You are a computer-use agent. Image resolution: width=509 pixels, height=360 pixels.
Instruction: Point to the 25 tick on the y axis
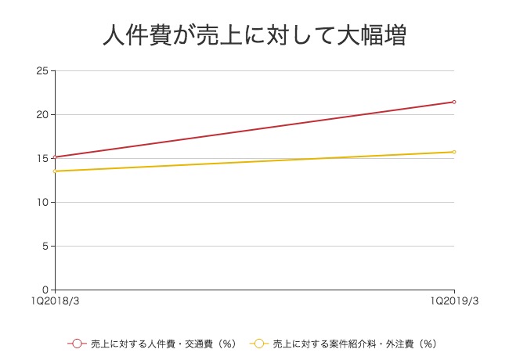(x=43, y=71)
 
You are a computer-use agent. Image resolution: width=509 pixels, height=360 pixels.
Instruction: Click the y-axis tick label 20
(x=43, y=115)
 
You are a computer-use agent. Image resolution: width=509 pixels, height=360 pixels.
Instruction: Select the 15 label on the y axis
(x=43, y=159)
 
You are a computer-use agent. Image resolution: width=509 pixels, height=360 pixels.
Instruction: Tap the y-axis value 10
(x=43, y=203)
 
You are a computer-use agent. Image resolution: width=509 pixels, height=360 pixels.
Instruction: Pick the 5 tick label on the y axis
(x=46, y=247)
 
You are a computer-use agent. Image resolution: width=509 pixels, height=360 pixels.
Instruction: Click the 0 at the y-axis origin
(x=46, y=290)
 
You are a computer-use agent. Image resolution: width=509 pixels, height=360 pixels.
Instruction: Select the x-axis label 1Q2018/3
(x=55, y=301)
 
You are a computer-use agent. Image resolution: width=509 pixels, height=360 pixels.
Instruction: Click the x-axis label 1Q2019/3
(x=454, y=301)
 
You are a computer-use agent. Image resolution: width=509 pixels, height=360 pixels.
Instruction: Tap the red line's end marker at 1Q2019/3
(x=454, y=102)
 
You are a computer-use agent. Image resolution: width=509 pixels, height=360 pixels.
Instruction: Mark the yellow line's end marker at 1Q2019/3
(x=454, y=152)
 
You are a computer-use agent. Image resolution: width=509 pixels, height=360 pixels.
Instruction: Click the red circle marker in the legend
(x=77, y=343)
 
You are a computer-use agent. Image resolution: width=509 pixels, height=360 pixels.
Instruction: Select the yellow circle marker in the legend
(x=259, y=343)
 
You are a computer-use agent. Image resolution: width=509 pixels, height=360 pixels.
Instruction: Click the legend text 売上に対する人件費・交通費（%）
(x=163, y=343)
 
